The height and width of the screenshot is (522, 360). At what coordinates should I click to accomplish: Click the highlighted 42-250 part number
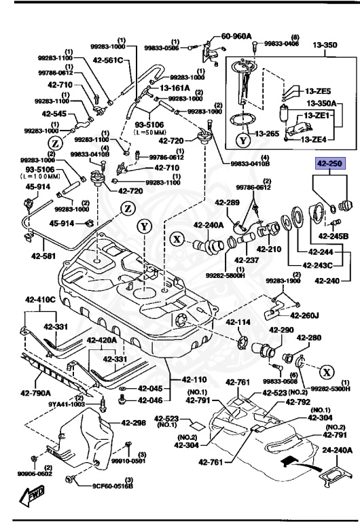pyautogui.click(x=328, y=164)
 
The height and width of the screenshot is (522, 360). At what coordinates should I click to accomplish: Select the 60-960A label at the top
pyautogui.click(x=237, y=36)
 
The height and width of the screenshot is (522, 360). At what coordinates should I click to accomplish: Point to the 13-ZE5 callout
pyautogui.click(x=317, y=91)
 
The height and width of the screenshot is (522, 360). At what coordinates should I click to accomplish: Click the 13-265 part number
pyautogui.click(x=267, y=134)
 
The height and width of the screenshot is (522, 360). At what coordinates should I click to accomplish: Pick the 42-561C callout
pyautogui.click(x=109, y=60)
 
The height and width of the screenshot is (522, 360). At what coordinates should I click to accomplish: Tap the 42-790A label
pyautogui.click(x=35, y=392)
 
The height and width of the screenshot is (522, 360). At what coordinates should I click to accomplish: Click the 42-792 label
pyautogui.click(x=298, y=402)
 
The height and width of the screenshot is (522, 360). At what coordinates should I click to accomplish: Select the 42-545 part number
pyautogui.click(x=54, y=114)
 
